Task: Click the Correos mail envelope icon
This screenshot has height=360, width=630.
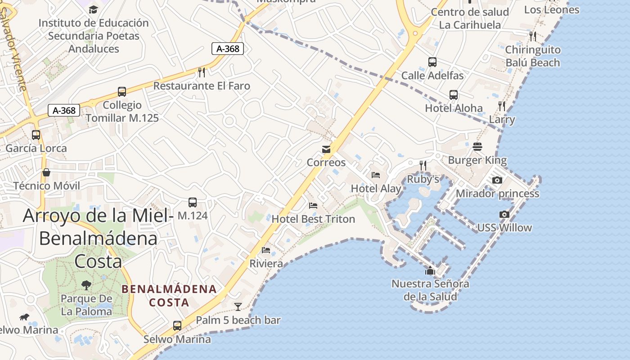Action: click(x=326, y=149)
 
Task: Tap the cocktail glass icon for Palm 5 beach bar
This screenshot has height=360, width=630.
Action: click(x=238, y=307)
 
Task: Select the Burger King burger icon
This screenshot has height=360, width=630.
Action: click(x=477, y=147)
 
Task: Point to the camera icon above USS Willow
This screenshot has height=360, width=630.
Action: click(x=504, y=214)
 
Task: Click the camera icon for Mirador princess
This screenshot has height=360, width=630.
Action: click(x=497, y=180)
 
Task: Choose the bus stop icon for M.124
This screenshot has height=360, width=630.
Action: click(x=193, y=202)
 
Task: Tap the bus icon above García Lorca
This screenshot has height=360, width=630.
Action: click(x=36, y=135)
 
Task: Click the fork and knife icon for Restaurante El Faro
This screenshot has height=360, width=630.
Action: click(x=202, y=72)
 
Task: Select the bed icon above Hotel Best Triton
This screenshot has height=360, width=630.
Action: click(x=313, y=206)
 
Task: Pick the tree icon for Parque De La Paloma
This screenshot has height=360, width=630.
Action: click(x=86, y=285)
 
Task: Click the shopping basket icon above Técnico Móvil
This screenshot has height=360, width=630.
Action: click(x=46, y=172)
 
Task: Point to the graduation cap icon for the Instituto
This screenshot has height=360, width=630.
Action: click(x=93, y=9)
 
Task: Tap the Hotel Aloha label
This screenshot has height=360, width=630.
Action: click(x=454, y=108)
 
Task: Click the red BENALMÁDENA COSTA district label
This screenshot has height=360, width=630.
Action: click(x=169, y=296)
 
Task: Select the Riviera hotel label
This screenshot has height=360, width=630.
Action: click(x=266, y=263)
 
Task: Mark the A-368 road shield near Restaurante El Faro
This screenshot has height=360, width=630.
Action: click(x=228, y=49)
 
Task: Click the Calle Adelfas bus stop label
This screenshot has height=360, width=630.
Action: click(x=432, y=75)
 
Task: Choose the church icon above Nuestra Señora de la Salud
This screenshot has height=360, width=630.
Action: click(x=430, y=270)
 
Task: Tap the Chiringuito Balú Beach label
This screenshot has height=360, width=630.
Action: click(x=533, y=56)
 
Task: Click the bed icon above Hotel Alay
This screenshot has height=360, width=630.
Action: click(x=376, y=175)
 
